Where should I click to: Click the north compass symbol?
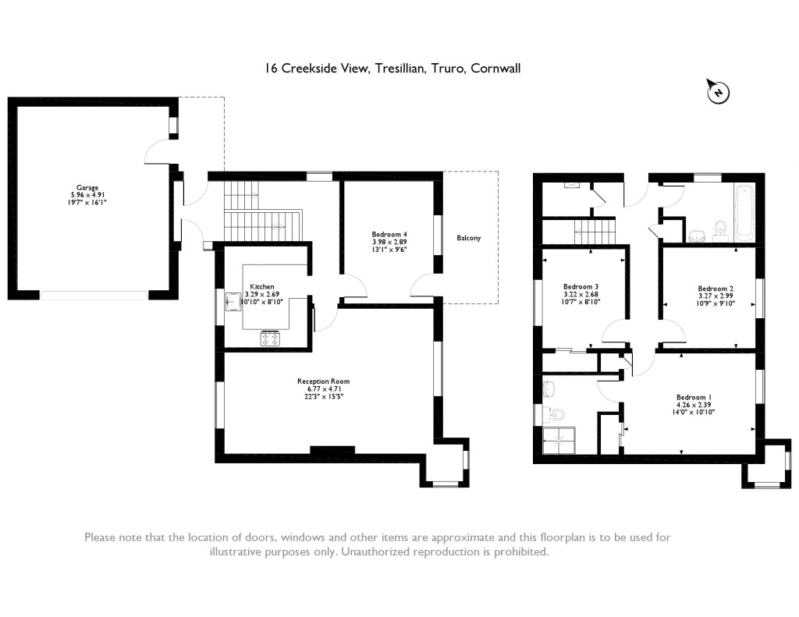click(x=718, y=93)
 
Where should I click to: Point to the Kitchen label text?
click(x=262, y=287)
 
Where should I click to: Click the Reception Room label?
click(x=320, y=381)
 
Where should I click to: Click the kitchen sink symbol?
click(x=233, y=300)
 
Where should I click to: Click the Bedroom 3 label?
click(x=581, y=287)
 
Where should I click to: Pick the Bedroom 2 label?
click(x=715, y=288)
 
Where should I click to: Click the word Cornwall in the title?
click(x=495, y=69)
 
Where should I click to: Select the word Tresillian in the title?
click(x=399, y=69)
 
